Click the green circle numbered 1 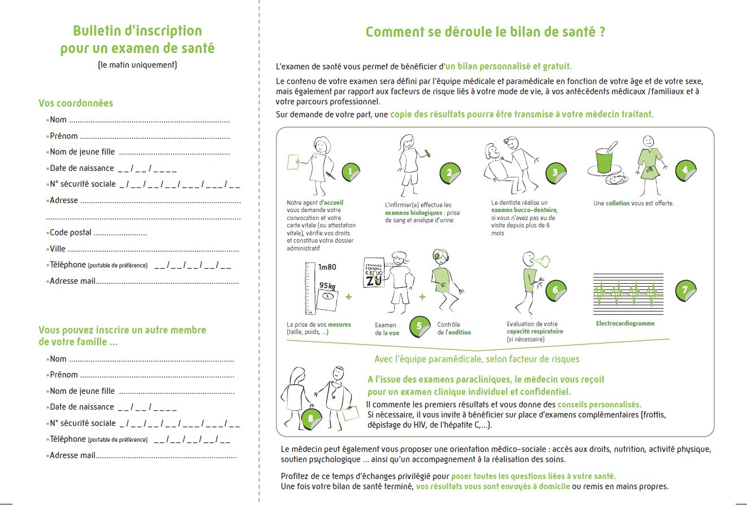pos(350,172)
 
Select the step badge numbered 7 pos(685,291)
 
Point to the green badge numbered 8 pos(311,419)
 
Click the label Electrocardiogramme pos(625,324)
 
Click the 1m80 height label pos(327,267)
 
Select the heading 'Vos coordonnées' pos(76,103)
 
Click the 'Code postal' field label pos(71,232)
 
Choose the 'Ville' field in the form pos(144,249)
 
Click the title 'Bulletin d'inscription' pos(137,31)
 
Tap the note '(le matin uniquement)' pos(137,65)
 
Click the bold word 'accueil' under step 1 pos(334,203)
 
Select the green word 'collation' pos(618,203)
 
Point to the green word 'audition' pos(459,332)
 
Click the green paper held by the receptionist pos(294,162)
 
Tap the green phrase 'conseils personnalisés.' pos(600,405)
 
